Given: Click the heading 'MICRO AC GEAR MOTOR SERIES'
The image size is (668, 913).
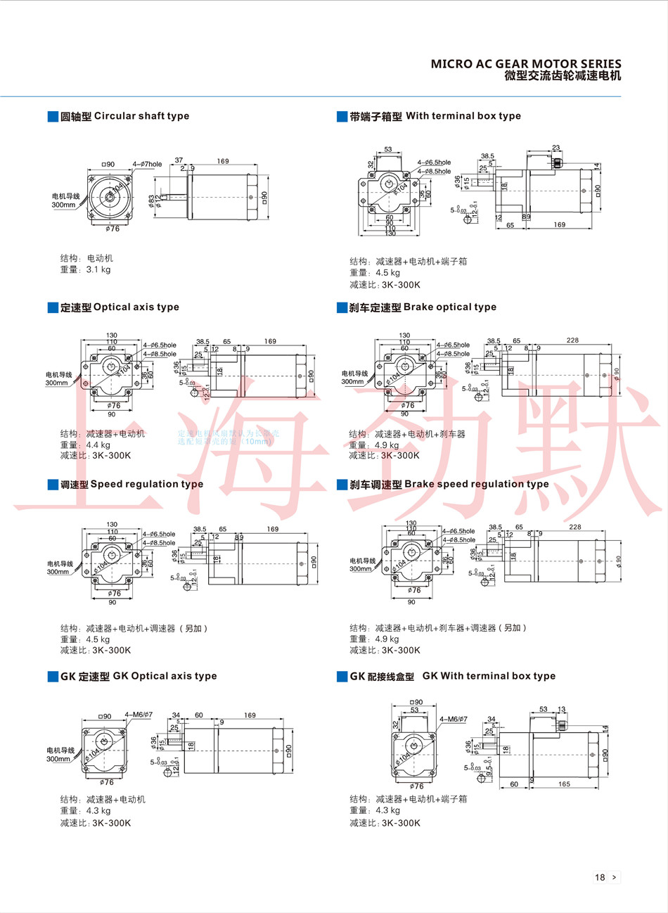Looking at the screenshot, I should (526, 64).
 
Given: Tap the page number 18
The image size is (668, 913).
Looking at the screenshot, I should (600, 877).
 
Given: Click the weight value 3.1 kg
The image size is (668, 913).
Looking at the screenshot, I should (98, 269).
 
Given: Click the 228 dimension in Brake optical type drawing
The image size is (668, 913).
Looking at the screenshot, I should (572, 340).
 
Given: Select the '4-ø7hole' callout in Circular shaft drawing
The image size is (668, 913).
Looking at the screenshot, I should (147, 165).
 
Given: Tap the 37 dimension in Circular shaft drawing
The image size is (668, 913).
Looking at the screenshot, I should (179, 161).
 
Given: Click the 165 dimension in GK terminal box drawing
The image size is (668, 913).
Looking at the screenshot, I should (564, 784).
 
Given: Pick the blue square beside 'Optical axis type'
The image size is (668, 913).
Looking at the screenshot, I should (53, 307).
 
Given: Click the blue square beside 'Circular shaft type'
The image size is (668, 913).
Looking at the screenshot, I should (53, 116).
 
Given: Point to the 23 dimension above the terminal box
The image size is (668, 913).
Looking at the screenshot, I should (556, 148).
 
